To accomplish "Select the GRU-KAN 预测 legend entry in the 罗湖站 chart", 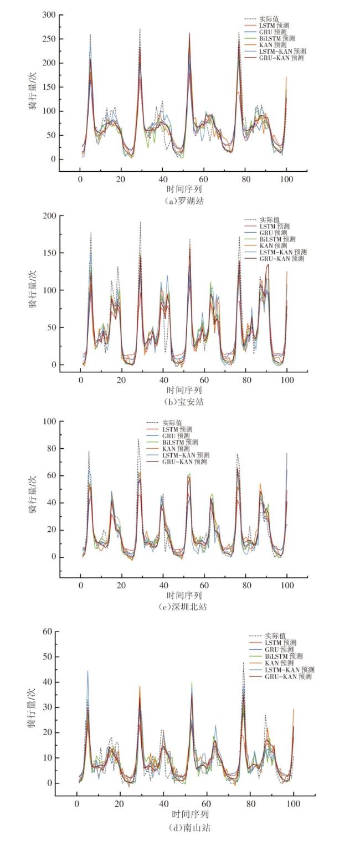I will pos(281,58).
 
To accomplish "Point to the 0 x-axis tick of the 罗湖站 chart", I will pos(80,180).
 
